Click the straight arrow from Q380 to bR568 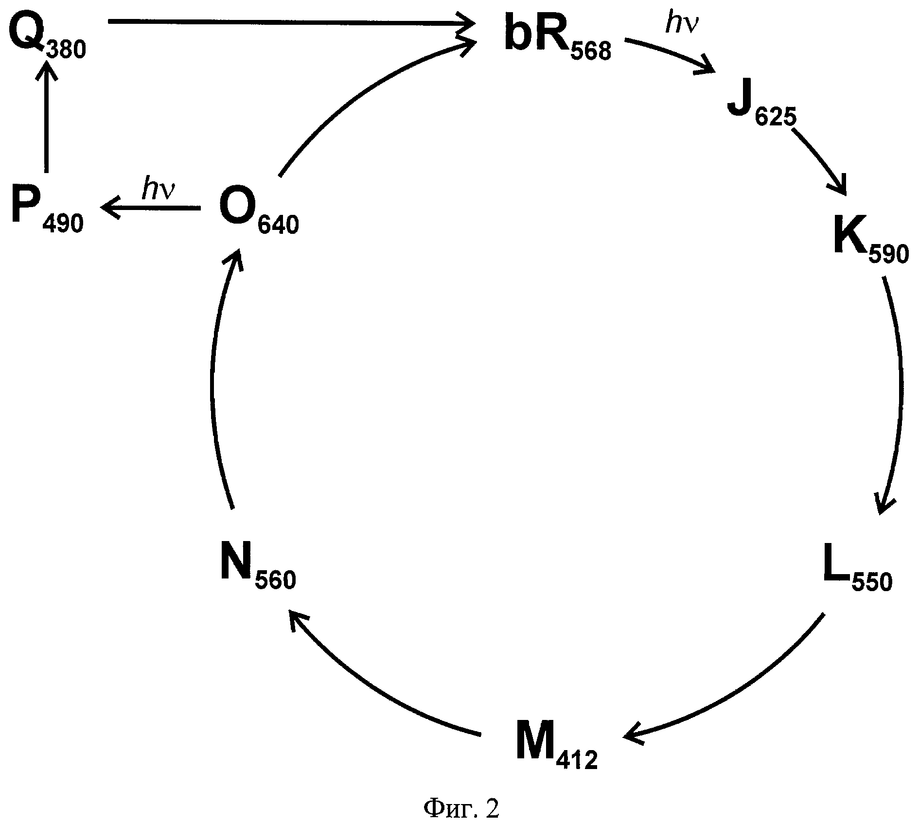coord(292,21)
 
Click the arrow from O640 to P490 coord(151,208)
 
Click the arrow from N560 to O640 coord(214,379)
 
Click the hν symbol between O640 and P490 coord(159,191)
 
